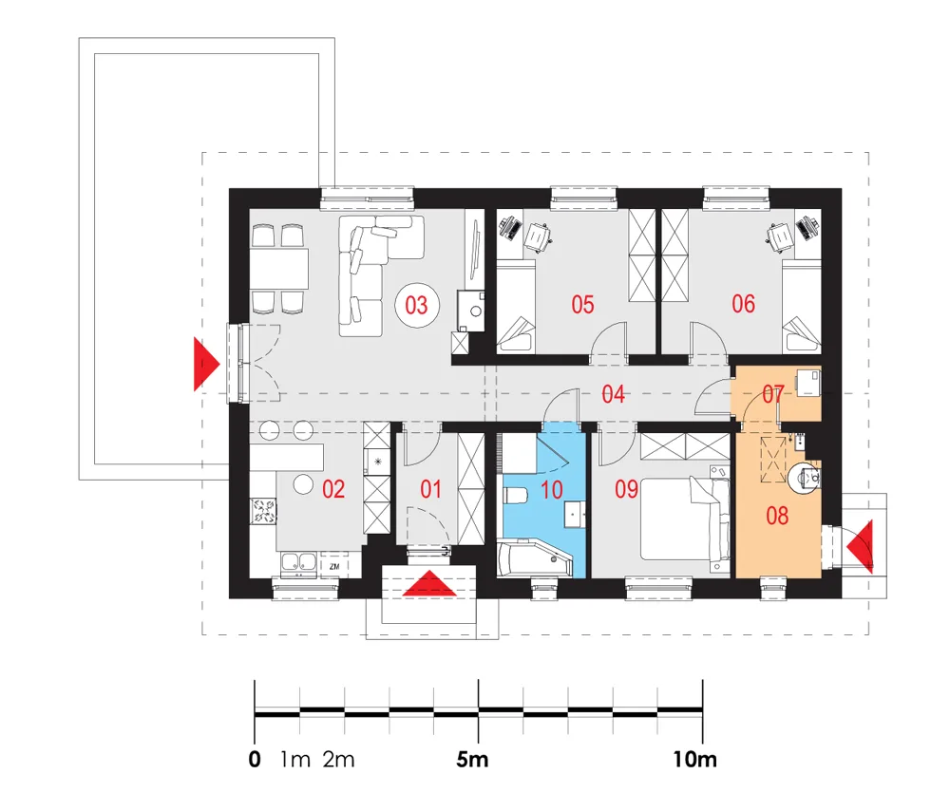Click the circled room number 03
tap(416, 305)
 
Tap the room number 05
tap(582, 304)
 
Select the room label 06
tap(744, 304)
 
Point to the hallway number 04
tap(613, 394)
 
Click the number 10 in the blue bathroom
tap(551, 489)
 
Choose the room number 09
tap(626, 489)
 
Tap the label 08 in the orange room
tap(777, 516)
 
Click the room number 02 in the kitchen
tap(333, 489)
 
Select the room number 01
tap(430, 489)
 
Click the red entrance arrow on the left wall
tap(205, 364)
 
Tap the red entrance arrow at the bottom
tap(429, 583)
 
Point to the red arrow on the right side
tap(861, 546)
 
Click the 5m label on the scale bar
tap(472, 760)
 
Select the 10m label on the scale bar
tap(695, 760)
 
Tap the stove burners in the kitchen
tap(263, 510)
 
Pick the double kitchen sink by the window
tap(299, 562)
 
